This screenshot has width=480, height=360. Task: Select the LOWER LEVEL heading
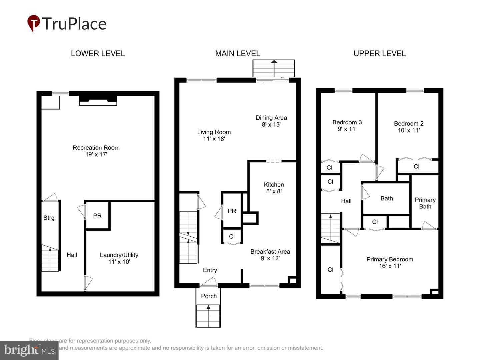pos(98,54)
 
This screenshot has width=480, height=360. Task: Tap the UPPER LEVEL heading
pos(379,54)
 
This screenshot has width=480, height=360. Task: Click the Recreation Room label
pos(96,148)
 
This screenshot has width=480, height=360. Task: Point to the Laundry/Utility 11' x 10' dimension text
pos(119,262)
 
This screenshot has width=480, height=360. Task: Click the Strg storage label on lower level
pos(49,218)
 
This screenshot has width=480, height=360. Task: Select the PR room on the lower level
pos(97,216)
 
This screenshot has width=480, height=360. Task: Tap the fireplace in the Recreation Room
pos(98,100)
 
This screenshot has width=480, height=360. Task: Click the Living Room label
pos(214,132)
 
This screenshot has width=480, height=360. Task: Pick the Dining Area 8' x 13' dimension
pos(271,125)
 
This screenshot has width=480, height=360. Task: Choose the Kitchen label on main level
pos(274,185)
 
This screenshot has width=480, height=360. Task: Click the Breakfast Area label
pos(270,252)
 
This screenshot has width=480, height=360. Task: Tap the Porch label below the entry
pos(209,296)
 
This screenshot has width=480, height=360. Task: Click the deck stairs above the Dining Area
pos(274,68)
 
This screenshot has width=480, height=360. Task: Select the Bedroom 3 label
pos(347,122)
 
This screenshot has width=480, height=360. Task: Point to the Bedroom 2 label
pos(409,124)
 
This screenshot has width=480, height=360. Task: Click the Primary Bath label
pos(425,203)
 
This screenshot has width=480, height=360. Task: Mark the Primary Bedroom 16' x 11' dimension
pos(390,266)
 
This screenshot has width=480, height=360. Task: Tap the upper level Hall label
pos(346,201)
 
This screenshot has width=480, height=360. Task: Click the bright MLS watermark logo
pos(29,350)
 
